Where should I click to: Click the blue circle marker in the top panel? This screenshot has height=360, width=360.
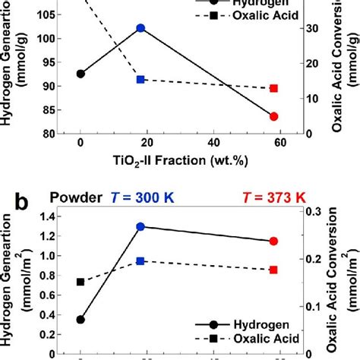point(141,28)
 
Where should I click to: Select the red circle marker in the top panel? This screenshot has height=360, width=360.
point(274,116)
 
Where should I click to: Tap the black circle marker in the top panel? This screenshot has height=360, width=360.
point(81,74)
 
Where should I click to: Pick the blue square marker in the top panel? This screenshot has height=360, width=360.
point(141,79)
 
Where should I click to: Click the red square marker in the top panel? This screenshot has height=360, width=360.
point(274,88)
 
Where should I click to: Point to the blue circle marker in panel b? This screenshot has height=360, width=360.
point(141,226)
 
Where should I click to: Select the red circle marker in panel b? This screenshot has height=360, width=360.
point(274,242)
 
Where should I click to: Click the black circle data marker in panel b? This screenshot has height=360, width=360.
point(81,320)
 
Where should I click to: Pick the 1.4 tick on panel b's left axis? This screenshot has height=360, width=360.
point(55,216)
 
